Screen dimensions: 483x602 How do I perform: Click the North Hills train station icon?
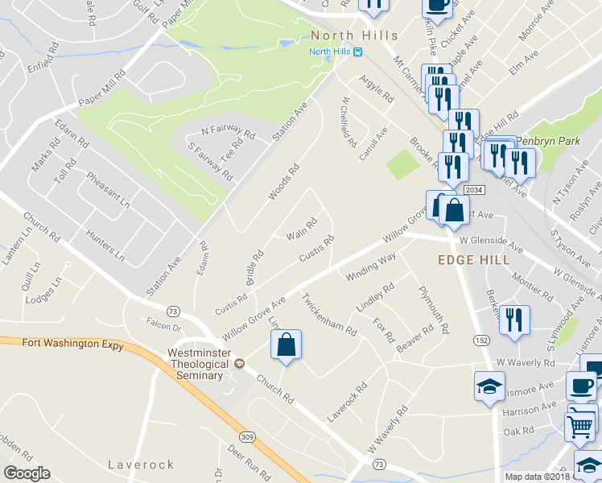358,52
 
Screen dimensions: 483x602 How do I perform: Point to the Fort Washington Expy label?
73,345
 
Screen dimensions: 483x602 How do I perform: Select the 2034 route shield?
473,188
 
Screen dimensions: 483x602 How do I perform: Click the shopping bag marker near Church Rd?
286,346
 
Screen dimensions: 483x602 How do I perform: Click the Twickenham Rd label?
328,314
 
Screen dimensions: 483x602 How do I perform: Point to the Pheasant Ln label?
109,191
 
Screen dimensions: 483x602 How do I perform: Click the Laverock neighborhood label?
141,464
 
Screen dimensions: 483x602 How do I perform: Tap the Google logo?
27,473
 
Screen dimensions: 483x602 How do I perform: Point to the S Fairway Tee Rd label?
209,159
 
